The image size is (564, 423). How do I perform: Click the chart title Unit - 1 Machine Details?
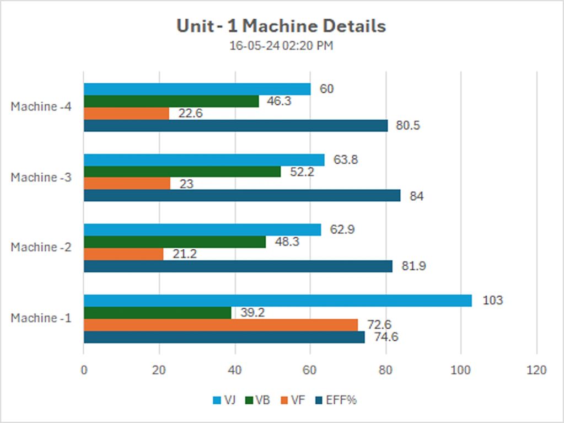coord(281,26)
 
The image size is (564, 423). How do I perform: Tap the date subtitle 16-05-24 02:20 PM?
coord(281,46)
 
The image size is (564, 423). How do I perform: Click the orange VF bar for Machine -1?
coord(221,324)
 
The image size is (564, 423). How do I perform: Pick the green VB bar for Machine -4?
coord(171,101)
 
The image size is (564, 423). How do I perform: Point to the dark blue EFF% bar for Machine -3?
coord(242,196)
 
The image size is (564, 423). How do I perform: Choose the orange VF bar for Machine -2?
coord(123,254)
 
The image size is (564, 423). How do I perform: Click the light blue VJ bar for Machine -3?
coord(204,160)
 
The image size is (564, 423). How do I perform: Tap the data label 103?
coord(492,301)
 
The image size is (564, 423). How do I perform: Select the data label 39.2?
coord(253,312)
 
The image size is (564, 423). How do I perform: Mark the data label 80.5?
coord(408,126)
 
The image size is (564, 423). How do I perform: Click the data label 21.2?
coord(185,254)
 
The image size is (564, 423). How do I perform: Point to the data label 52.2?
coord(302,172)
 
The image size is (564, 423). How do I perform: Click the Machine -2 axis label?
coord(41,248)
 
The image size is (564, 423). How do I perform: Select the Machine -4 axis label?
coord(41,106)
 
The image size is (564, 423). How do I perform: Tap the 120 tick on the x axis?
coord(536,370)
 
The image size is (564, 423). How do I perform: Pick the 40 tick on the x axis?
coord(235,370)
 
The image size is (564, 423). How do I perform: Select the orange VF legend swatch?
coord(285,400)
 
